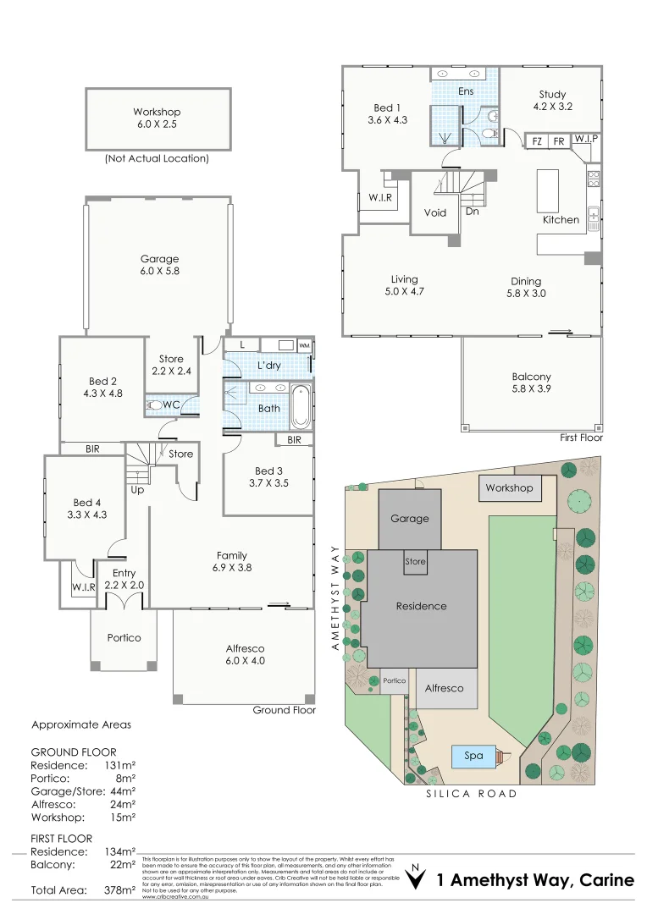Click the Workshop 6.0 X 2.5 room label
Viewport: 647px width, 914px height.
pyautogui.click(x=157, y=118)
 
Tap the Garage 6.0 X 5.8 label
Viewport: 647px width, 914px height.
pyautogui.click(x=159, y=265)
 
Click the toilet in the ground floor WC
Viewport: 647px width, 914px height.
pyautogui.click(x=155, y=405)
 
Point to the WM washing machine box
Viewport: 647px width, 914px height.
pyautogui.click(x=304, y=345)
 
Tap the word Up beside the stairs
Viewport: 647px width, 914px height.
pyautogui.click(x=136, y=490)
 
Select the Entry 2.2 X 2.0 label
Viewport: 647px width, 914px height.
pyautogui.click(x=124, y=579)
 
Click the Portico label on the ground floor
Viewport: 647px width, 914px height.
pyautogui.click(x=124, y=638)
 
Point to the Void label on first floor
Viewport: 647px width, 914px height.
pyautogui.click(x=435, y=213)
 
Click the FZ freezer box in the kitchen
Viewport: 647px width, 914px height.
pyautogui.click(x=536, y=141)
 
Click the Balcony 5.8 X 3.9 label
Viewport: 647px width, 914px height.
pyautogui.click(x=531, y=383)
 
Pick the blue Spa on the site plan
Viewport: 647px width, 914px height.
pyautogui.click(x=473, y=755)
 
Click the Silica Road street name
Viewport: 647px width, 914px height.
pyautogui.click(x=472, y=794)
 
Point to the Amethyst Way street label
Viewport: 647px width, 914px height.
pyautogui.click(x=335, y=597)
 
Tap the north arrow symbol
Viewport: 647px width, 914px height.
pyautogui.click(x=415, y=879)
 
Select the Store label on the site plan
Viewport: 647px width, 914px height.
pyautogui.click(x=415, y=562)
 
